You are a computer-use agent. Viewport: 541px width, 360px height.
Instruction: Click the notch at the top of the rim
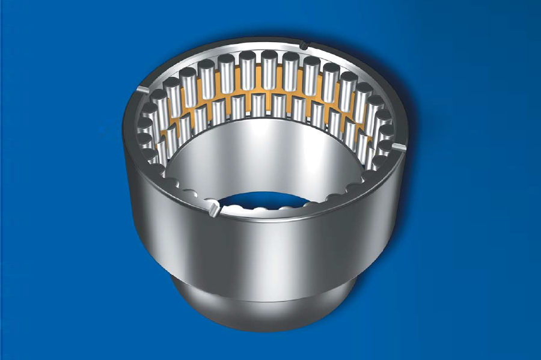(x=304, y=44)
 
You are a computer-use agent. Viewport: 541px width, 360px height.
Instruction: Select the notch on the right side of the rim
(x=400, y=147)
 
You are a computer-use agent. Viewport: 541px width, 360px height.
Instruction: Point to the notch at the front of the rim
(x=213, y=210)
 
